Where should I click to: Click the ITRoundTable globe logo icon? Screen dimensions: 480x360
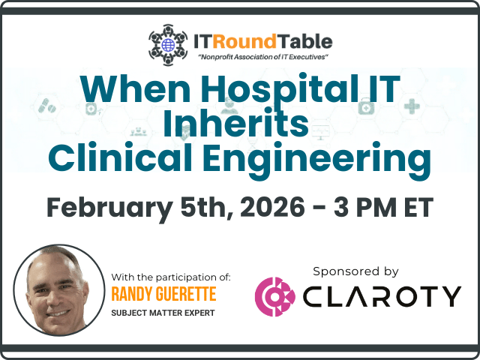point(168,45)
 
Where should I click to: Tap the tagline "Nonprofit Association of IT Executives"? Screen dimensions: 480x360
point(263,57)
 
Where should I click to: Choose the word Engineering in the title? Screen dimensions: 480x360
point(317,160)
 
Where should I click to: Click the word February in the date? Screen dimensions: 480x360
point(110,208)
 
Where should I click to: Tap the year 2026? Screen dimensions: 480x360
point(272,207)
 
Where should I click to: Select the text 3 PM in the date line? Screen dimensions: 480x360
point(365,207)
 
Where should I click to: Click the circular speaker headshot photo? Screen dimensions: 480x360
point(59,290)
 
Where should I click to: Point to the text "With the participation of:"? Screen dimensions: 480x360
point(171,277)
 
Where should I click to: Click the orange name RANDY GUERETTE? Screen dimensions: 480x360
point(163,294)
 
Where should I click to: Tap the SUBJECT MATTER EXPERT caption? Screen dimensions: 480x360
point(163,313)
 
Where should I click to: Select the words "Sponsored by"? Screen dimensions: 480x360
point(355,271)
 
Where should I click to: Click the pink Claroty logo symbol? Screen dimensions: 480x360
point(275,297)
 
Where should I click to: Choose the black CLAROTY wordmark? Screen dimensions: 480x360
point(382,297)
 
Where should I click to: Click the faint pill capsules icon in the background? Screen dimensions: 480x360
point(46,106)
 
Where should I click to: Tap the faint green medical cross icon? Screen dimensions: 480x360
point(412,106)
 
